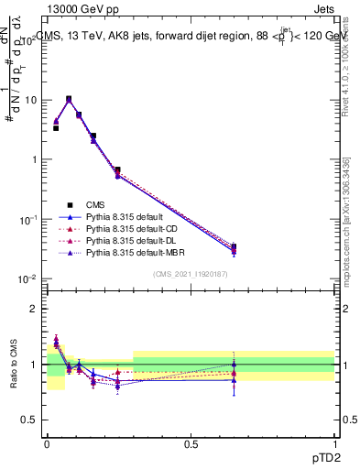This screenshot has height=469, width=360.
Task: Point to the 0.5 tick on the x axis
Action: coord(191,442)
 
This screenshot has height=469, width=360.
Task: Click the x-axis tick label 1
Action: coord(334,442)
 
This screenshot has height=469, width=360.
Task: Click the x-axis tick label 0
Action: coord(47,442)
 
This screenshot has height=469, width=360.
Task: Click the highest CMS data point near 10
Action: coord(69,99)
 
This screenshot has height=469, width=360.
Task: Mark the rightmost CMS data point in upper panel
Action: coord(234,246)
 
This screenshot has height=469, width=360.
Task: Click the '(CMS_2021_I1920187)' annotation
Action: coord(191,275)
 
